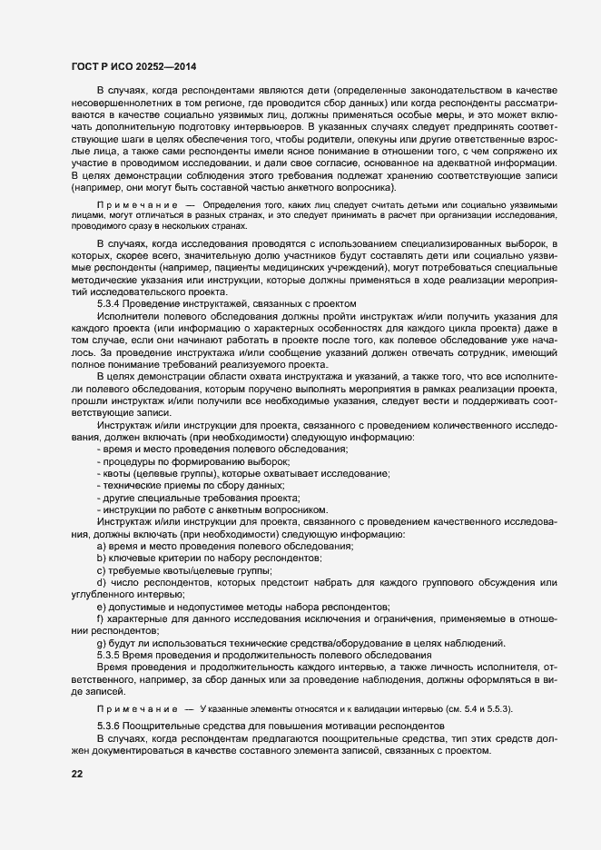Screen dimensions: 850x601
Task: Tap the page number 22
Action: (77, 773)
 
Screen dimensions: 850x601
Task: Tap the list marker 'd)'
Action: (102, 581)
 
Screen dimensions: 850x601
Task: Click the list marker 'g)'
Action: (102, 642)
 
